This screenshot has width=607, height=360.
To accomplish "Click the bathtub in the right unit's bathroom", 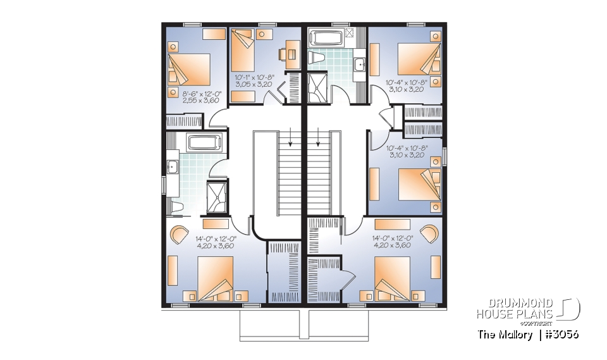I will tap(327, 37).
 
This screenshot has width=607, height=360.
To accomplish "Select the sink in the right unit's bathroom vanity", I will tap(360, 63).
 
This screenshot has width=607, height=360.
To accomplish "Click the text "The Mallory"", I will tap(505, 335).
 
